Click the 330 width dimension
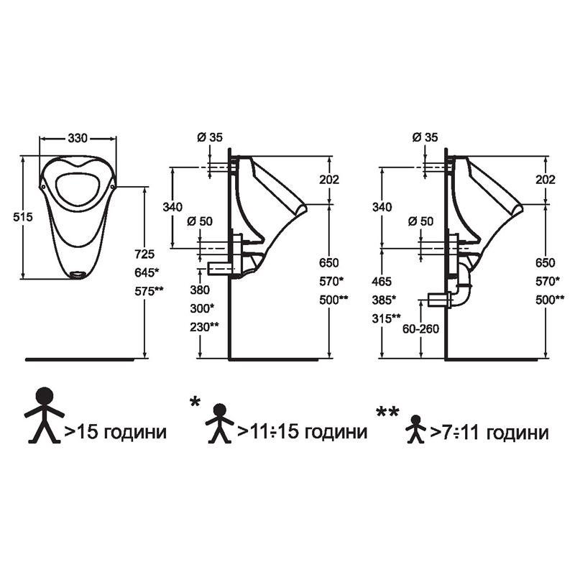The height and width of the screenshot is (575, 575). click(x=78, y=138)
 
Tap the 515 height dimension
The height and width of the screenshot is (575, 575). click(x=23, y=217)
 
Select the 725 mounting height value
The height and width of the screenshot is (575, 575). click(x=144, y=254)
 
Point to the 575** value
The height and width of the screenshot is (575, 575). click(x=149, y=291)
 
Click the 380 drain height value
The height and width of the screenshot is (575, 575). click(x=200, y=290)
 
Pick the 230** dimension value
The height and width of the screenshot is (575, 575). click(x=204, y=327)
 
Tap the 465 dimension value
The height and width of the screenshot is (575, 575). click(x=382, y=281)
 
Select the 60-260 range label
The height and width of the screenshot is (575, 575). click(x=420, y=329)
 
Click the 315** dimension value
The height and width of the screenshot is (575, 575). click(x=386, y=318)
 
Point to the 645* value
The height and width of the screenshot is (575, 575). click(x=147, y=272)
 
